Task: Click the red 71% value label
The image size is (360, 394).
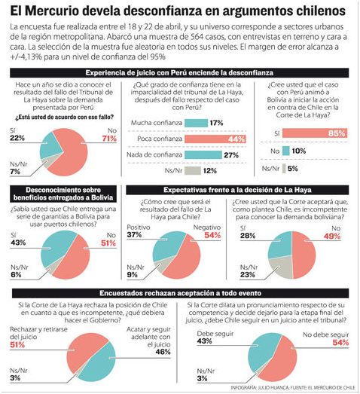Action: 109,139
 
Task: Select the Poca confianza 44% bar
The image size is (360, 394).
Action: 215,139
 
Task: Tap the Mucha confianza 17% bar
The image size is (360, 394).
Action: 197,123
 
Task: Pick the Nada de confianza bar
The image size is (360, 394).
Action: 203,154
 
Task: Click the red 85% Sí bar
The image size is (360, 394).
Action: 315,133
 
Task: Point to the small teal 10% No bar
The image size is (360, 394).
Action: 286,151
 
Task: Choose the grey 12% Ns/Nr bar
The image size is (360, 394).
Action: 193,170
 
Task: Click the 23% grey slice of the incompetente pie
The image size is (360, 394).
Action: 279,268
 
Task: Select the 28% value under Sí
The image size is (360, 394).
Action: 248,236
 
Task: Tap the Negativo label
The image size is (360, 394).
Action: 207,228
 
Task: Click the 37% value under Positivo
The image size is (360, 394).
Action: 134,235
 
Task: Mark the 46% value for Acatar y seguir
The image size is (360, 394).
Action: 163,352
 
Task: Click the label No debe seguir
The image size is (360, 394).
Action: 325,335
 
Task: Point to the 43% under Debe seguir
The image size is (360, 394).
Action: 204,341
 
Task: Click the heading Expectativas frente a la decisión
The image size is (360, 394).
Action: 237,190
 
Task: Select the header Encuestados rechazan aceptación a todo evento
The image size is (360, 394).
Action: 181,293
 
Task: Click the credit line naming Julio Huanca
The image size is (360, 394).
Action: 293,388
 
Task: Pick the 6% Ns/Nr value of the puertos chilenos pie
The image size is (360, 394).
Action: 16,275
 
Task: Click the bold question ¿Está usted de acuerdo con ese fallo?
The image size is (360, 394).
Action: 64,117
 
